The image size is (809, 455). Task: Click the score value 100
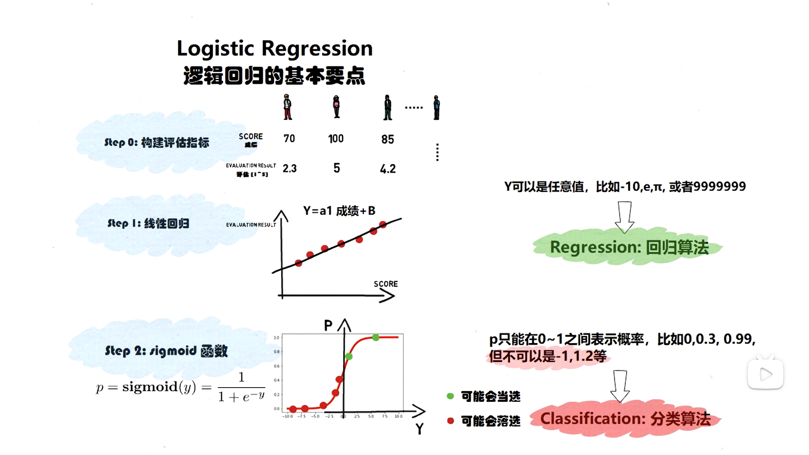(x=336, y=139)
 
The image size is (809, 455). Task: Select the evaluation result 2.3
(x=289, y=169)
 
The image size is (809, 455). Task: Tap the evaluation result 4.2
(x=388, y=169)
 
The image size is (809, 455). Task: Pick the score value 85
(x=388, y=139)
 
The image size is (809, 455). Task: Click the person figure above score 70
(x=287, y=107)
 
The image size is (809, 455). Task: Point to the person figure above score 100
(x=336, y=107)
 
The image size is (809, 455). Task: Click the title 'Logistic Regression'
(x=275, y=48)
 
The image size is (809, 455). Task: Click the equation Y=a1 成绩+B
(x=339, y=211)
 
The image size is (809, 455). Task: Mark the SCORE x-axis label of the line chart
(x=386, y=284)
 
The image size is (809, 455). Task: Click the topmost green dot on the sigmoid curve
(x=375, y=337)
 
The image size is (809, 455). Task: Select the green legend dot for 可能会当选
(x=450, y=396)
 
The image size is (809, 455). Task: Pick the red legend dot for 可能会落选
(x=450, y=420)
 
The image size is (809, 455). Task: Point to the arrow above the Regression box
(x=624, y=217)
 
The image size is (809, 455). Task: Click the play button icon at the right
(x=766, y=374)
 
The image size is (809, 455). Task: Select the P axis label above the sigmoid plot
(x=328, y=325)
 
